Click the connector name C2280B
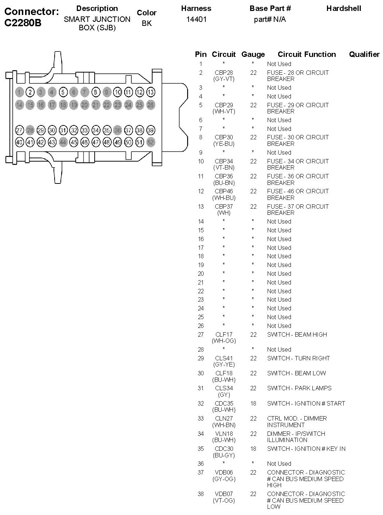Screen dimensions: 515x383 23,23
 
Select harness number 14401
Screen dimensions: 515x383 196,19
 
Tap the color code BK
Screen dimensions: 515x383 147,23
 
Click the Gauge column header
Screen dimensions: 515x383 253,54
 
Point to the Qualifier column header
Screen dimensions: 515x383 364,54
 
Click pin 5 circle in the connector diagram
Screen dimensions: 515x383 63,92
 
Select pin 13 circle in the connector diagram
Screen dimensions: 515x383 150,92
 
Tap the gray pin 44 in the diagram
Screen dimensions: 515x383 63,142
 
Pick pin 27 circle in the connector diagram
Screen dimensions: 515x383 19,130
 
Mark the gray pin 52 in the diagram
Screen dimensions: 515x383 150,142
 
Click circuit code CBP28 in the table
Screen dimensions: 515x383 224,73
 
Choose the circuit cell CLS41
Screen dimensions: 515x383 224,358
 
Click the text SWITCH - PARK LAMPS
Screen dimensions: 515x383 299,388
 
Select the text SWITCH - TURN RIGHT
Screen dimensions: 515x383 298,358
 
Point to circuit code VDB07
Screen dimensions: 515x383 224,494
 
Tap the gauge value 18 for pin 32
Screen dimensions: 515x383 253,403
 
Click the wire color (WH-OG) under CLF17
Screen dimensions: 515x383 224,341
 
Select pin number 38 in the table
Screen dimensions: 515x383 201,494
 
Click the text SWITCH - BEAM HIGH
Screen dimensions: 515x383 297,334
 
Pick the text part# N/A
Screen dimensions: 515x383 270,19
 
